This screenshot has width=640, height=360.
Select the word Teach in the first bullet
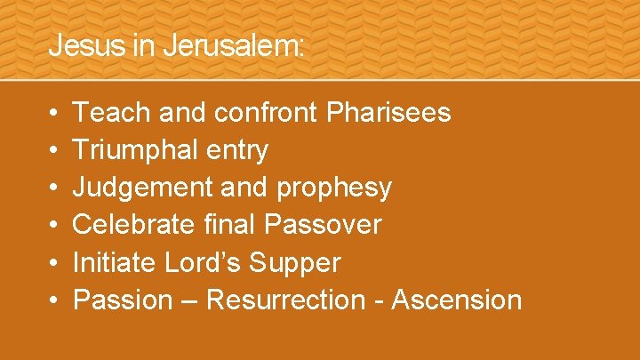[104, 113]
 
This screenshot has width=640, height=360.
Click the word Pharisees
[388, 113]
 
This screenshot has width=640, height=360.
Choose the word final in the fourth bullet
[226, 225]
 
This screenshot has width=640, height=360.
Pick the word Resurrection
[284, 300]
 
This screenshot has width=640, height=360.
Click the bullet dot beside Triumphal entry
[54, 151]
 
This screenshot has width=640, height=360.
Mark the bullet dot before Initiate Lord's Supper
[54, 263]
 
